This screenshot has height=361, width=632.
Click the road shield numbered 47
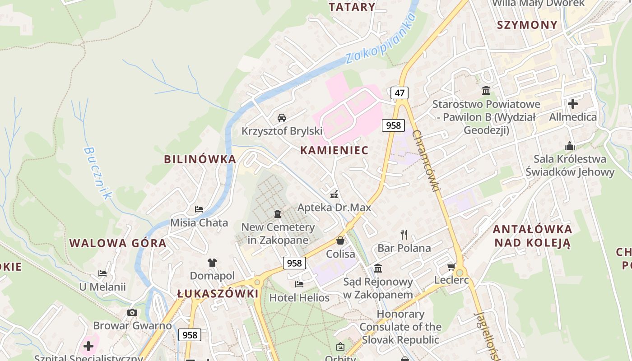pos(400,93)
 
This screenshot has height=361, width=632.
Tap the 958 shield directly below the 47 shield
pos(393,125)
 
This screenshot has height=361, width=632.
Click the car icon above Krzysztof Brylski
pos(282,118)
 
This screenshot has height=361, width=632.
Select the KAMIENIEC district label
pos(335,150)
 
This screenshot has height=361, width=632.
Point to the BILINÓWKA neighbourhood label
pos(200,159)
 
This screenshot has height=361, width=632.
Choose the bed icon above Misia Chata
pos(199,209)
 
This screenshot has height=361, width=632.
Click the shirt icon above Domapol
pos(212,262)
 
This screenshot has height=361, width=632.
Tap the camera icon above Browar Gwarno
pos(132,312)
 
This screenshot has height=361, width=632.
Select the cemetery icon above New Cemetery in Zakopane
pos(278,213)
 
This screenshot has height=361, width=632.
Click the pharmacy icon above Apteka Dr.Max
pos(334,194)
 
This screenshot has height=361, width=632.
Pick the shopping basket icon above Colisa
pos(340,241)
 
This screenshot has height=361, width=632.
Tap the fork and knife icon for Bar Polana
pos(404,234)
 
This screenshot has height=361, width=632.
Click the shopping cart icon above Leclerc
pos(451,267)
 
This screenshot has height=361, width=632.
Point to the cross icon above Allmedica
pos(573,104)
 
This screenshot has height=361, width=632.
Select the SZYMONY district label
pos(527,25)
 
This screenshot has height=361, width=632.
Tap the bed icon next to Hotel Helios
pos(299,284)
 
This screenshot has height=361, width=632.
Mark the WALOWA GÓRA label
pos(118,243)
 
